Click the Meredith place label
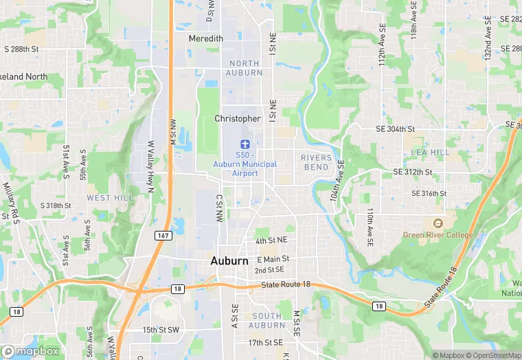pyautogui.click(x=206, y=39)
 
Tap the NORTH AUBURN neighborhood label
pyautogui.click(x=245, y=68)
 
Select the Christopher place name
pyautogui.click(x=238, y=119)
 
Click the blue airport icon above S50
pyautogui.click(x=244, y=144)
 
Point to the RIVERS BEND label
pyautogui.click(x=316, y=163)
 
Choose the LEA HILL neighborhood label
pyautogui.click(x=430, y=152)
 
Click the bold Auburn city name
pyautogui.click(x=229, y=261)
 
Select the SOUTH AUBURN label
pyautogui.click(x=266, y=320)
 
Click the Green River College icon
pyautogui.click(x=436, y=223)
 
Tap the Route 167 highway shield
pyautogui.click(x=163, y=236)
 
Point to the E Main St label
pyautogui.click(x=273, y=260)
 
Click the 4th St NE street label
pyautogui.click(x=271, y=241)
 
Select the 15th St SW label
pyautogui.click(x=161, y=330)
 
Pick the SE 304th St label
pyautogui.click(x=396, y=129)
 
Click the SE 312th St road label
pyautogui.click(x=412, y=172)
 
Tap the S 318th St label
pyautogui.click(x=56, y=205)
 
